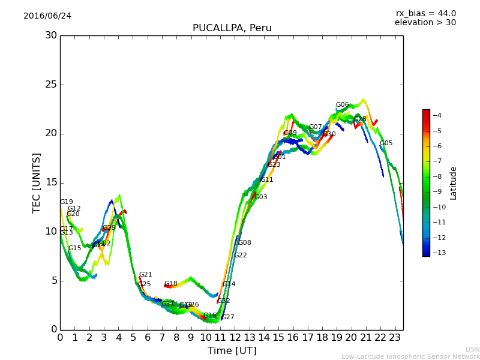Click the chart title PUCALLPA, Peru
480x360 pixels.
click(x=232, y=28)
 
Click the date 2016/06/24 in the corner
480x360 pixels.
click(x=47, y=16)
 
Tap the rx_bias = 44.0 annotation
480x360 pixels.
click(x=425, y=14)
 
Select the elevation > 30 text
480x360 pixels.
click(x=425, y=23)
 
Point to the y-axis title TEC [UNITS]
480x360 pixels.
click(x=37, y=182)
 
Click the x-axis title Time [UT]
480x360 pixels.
click(x=232, y=351)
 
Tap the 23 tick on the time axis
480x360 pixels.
click(x=395, y=338)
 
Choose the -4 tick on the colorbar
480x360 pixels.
click(x=437, y=115)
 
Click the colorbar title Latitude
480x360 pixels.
click(x=454, y=182)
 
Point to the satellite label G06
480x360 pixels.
click(x=342, y=105)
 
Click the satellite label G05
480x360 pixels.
click(x=386, y=143)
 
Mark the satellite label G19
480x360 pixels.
click(x=66, y=202)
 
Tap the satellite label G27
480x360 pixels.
click(x=227, y=317)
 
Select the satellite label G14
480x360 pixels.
click(x=229, y=284)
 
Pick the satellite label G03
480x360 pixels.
click(x=260, y=197)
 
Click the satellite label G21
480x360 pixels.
click(x=145, y=275)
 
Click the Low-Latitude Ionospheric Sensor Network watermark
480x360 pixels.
click(x=410, y=357)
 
